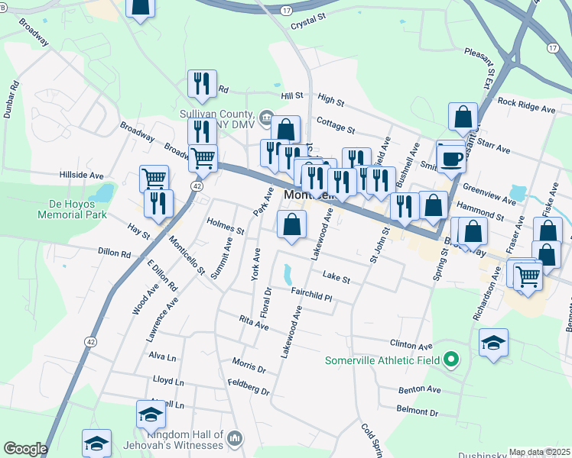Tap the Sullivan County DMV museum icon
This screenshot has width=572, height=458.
coord(266,117)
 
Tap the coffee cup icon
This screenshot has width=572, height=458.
coord(451,158)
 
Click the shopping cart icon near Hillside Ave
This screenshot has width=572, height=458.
coord(154,179)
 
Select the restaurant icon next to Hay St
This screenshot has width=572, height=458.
coord(158,202)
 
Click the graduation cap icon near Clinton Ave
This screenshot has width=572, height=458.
coord(494,343)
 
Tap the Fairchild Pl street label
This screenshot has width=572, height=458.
coord(311,294)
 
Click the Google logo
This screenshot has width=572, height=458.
coord(25,449)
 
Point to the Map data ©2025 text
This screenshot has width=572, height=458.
coord(539,452)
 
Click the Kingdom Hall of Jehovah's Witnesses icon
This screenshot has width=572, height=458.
coord(235,439)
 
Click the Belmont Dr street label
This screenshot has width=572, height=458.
coord(418,411)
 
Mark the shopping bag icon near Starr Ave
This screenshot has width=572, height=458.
coord(463,118)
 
